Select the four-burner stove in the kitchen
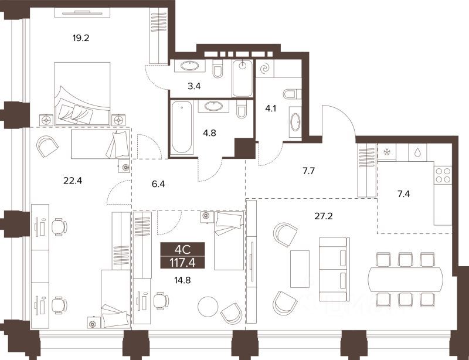(x=443, y=175)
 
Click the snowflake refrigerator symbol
(x=386, y=152)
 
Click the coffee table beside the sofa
(x=300, y=267)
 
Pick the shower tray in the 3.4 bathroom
(x=242, y=79)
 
